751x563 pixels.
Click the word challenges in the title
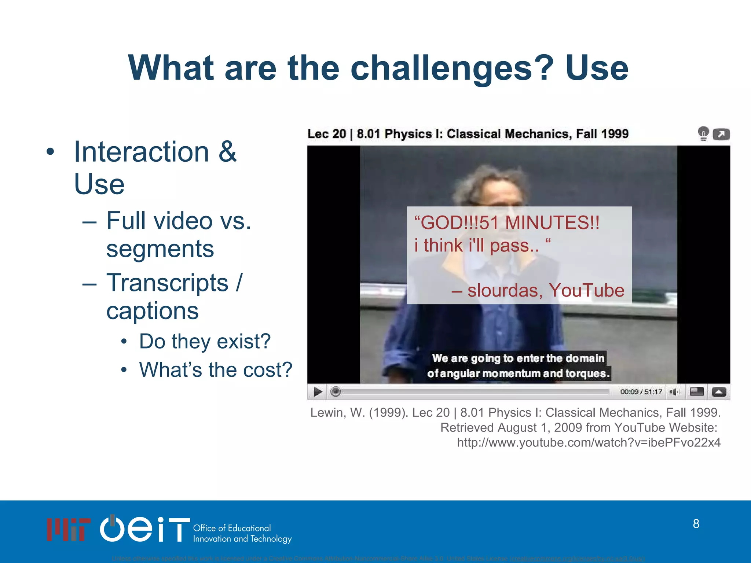[x=452, y=69]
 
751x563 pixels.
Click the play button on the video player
[x=318, y=392]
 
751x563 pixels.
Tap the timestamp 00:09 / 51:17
[x=641, y=392]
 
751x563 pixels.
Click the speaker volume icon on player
[x=674, y=392]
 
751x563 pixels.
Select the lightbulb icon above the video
[x=703, y=133]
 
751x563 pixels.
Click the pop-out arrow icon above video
[x=721, y=134]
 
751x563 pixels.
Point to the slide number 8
[x=696, y=524]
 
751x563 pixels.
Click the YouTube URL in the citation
[x=589, y=443]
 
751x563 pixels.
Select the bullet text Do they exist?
[x=205, y=342]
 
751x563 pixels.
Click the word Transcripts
[x=167, y=283]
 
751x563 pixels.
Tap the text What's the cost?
[x=216, y=370]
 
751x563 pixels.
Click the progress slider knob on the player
[x=336, y=392]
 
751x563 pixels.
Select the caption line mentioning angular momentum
[x=518, y=374]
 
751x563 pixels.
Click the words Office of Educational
[x=232, y=528]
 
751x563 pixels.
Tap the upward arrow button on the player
[x=719, y=392]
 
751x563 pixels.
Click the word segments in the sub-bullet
[x=160, y=249]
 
